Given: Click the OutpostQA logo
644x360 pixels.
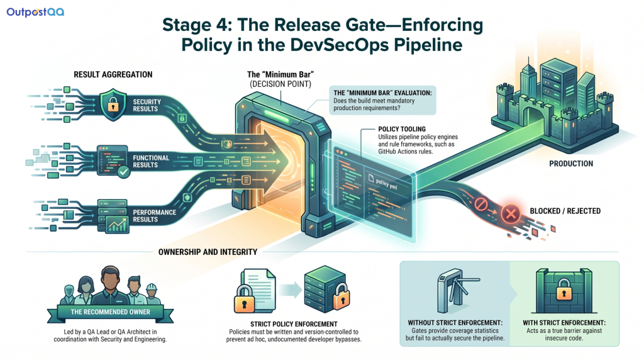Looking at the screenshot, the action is [35, 12].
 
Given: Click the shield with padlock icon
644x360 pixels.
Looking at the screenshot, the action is [113, 104].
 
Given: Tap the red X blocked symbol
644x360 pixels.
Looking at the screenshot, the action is [511, 213].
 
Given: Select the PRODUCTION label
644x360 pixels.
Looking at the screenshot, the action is [571, 164].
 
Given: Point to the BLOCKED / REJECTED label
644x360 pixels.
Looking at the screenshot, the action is [565, 211].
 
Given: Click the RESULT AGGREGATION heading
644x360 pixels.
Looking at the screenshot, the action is [113, 74].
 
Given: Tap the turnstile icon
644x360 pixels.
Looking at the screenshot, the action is [457, 291].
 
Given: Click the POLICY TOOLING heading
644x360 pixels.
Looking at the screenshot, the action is [402, 128].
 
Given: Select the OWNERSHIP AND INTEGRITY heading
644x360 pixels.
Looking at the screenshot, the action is [208, 252].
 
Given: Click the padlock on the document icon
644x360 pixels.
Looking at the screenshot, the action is [245, 299].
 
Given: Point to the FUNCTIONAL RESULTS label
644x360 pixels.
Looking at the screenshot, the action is [151, 161].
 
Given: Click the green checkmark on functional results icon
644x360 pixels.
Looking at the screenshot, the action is [124, 171].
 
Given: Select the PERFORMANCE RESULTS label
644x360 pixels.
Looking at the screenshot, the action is [155, 216].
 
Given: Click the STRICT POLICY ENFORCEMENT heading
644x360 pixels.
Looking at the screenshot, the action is [294, 324].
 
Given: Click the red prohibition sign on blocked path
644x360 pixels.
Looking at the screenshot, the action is [481, 204].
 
